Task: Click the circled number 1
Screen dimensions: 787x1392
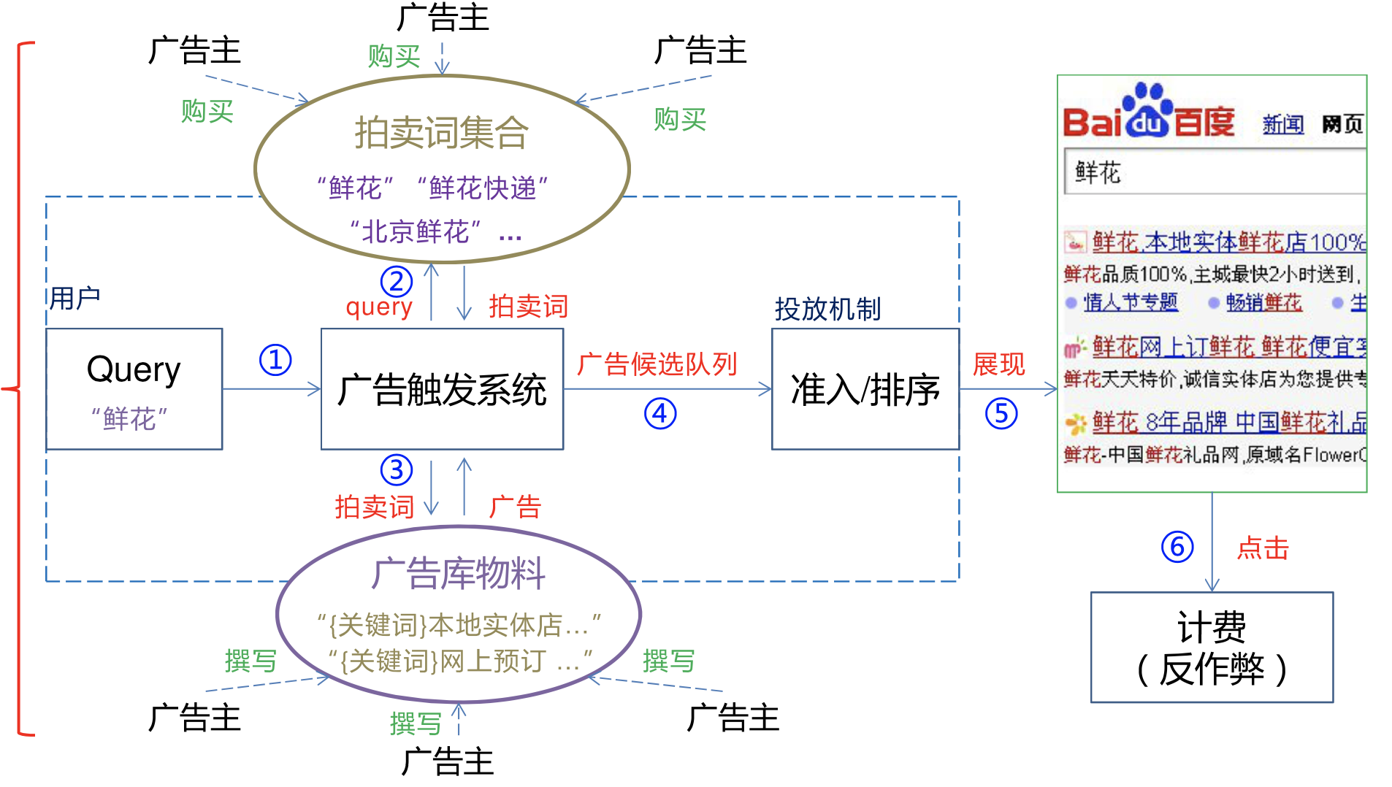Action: click(275, 361)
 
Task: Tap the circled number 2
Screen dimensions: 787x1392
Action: click(397, 282)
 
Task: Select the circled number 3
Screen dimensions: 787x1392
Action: click(397, 470)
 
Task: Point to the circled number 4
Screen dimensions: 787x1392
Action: click(660, 414)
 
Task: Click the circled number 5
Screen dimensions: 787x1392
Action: click(1001, 414)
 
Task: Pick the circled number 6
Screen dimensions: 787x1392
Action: click(1177, 547)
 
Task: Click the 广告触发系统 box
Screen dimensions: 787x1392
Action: click(442, 389)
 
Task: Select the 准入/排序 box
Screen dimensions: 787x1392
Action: click(865, 389)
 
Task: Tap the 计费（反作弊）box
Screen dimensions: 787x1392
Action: click(1212, 648)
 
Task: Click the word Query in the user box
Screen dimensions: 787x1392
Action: click(134, 369)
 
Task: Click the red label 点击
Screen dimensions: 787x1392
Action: click(1263, 548)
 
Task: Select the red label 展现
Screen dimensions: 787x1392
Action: click(998, 364)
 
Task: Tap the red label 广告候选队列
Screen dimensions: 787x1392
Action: click(657, 364)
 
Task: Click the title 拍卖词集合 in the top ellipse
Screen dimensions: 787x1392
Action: click(441, 134)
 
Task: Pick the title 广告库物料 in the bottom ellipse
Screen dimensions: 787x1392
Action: click(458, 574)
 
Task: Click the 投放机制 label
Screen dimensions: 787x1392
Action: click(827, 310)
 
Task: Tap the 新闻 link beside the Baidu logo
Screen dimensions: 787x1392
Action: click(1282, 125)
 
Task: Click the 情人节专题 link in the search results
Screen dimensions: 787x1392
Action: click(1130, 302)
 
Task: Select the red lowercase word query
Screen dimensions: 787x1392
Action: click(379, 307)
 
